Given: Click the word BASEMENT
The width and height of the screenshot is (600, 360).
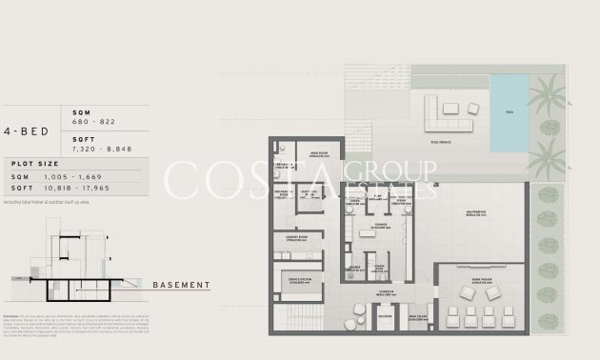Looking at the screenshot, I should (181, 285).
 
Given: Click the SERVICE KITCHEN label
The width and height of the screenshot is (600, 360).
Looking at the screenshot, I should (296, 280).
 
